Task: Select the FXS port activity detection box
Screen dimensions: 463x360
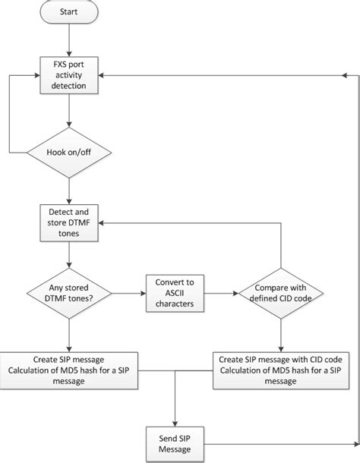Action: [69, 75]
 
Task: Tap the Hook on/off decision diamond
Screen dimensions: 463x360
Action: [69, 153]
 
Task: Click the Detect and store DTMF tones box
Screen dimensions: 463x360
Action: [69, 224]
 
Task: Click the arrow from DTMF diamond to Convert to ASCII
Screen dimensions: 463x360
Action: [129, 294]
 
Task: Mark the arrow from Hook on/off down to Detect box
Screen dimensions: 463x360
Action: [69, 190]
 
